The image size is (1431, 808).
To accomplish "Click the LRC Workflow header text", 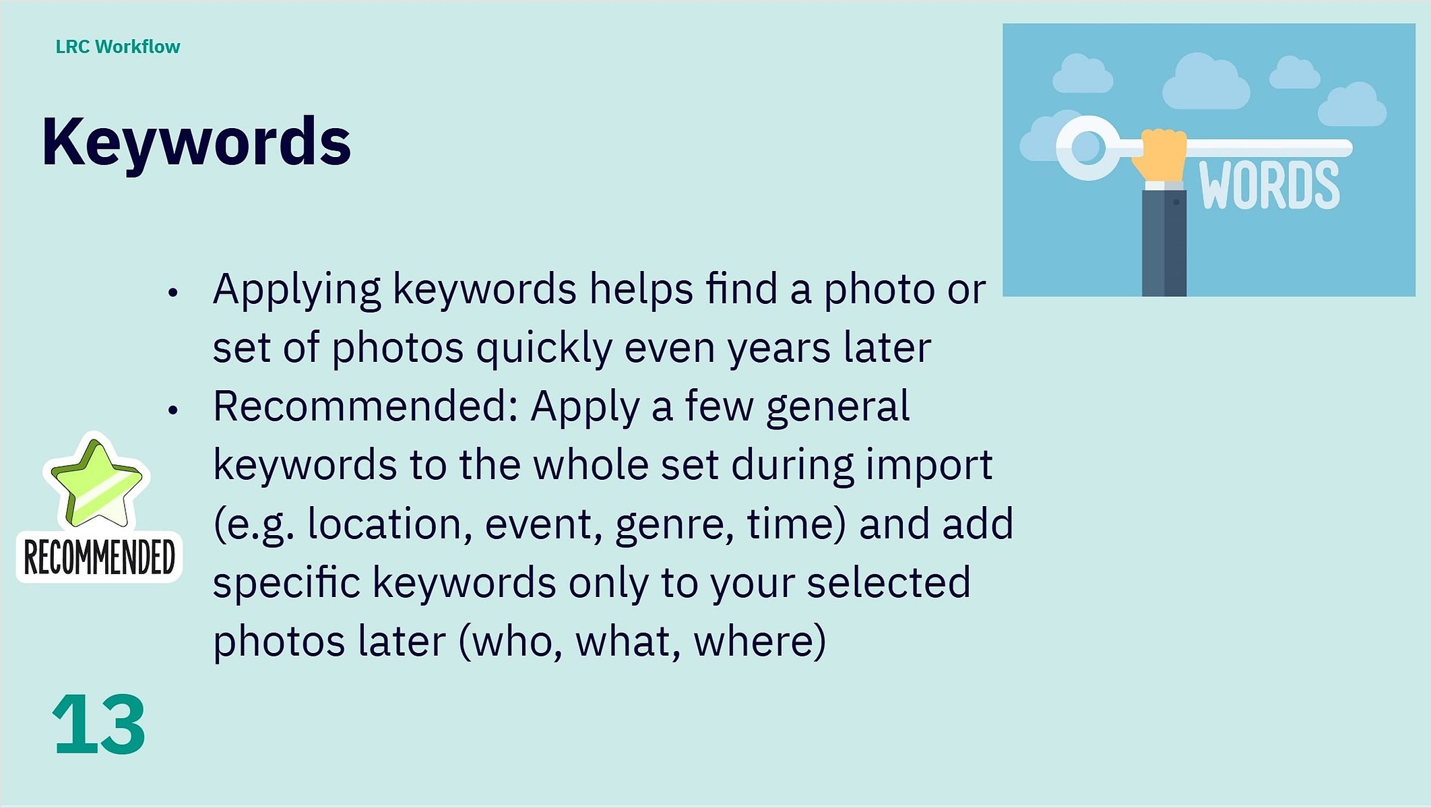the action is (x=118, y=46).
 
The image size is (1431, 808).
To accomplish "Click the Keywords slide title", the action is (x=196, y=143).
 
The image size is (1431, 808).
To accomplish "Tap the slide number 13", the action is (x=98, y=724).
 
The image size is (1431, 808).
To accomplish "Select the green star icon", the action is (x=97, y=482).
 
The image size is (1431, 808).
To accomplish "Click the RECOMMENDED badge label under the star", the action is (x=99, y=557).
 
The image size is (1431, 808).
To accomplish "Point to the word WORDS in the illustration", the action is (x=1269, y=185).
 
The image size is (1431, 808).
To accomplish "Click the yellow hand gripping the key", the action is (x=1160, y=155).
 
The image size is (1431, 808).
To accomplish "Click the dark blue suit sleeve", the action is (x=1164, y=243).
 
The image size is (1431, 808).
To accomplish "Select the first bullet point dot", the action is (x=173, y=292).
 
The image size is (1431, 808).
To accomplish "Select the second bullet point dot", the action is (x=173, y=410).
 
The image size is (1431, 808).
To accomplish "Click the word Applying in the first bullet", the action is (x=296, y=290).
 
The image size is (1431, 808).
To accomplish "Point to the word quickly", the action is (x=543, y=348).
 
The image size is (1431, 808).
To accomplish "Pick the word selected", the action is (x=889, y=583).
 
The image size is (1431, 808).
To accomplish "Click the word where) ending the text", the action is (x=760, y=642).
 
